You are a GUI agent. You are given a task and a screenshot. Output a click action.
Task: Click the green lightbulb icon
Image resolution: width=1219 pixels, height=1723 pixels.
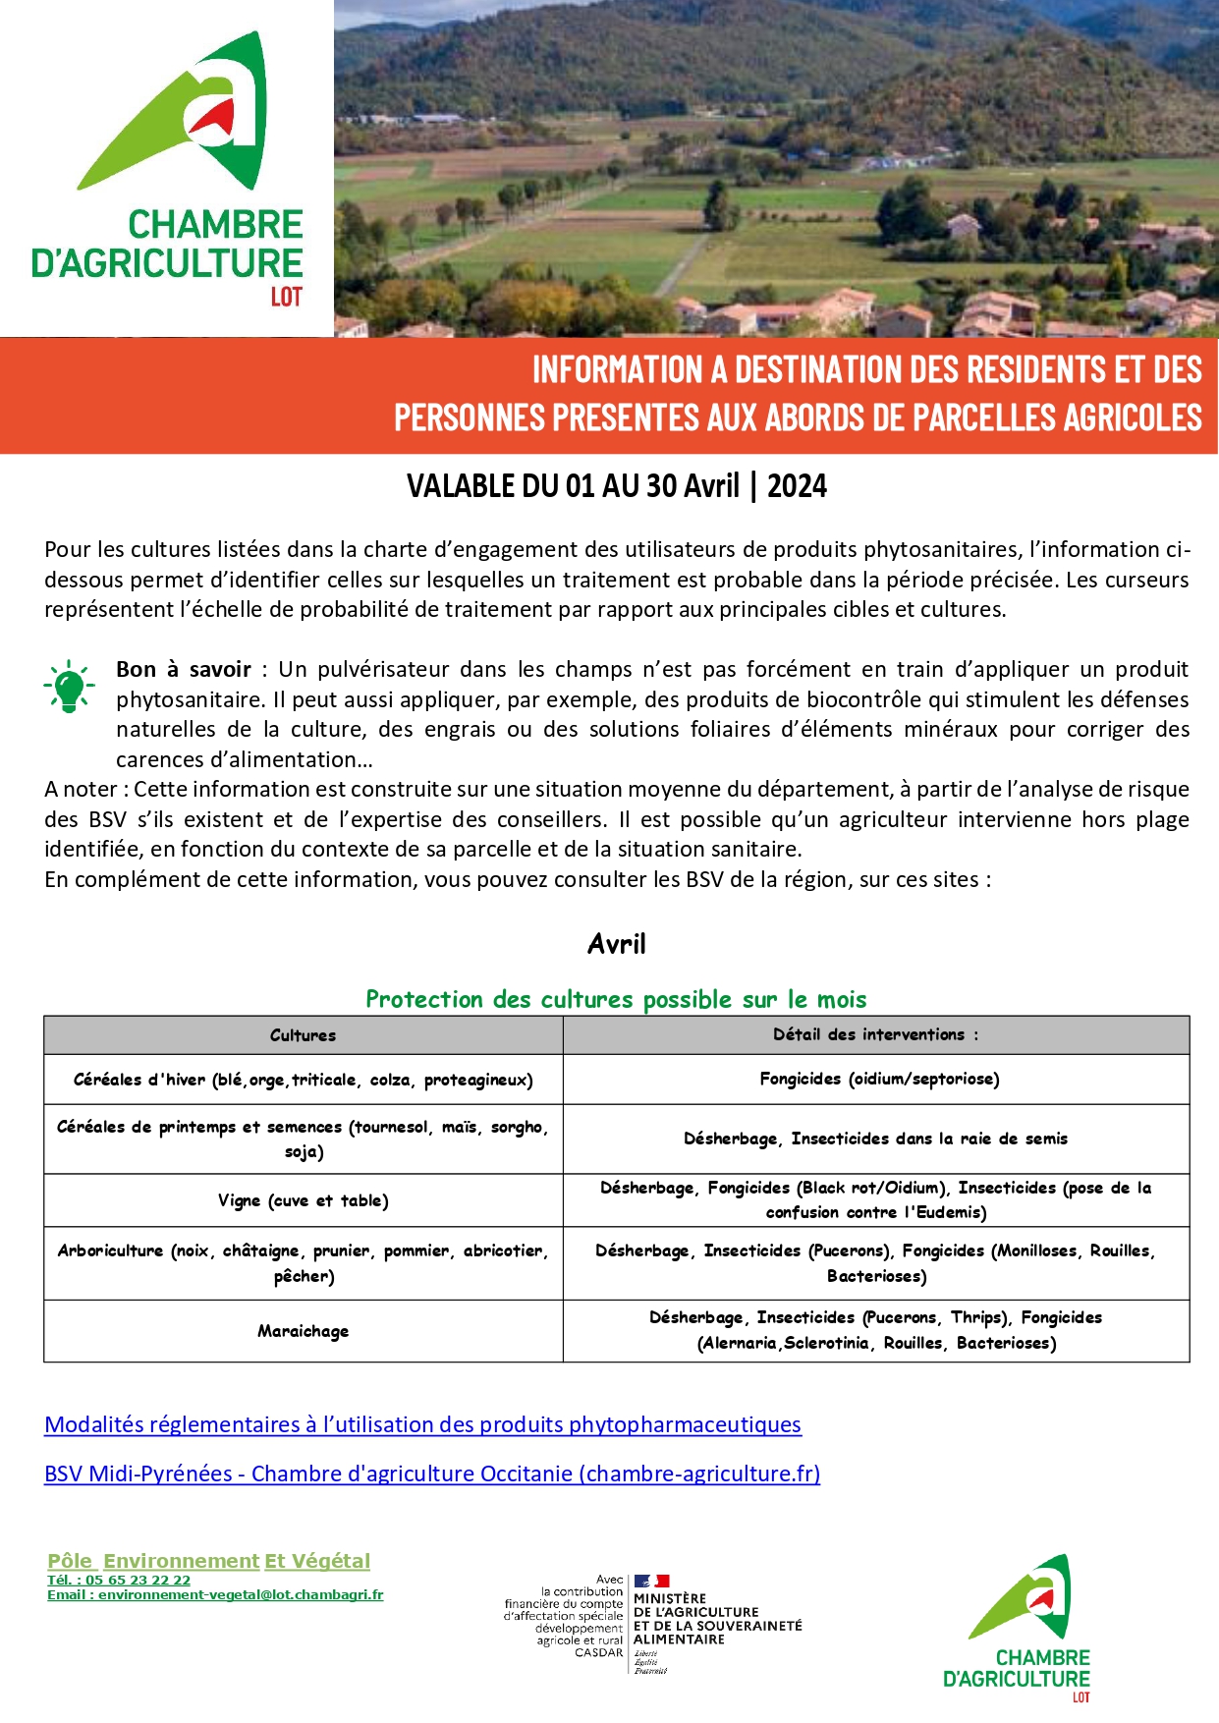coord(69,685)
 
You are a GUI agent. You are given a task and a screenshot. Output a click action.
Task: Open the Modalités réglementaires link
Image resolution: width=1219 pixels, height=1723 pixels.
coord(422,1424)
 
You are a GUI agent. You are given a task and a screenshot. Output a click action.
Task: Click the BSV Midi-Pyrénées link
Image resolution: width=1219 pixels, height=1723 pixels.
coord(432,1473)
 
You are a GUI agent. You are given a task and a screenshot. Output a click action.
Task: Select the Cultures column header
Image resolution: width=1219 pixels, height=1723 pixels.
coord(303,1035)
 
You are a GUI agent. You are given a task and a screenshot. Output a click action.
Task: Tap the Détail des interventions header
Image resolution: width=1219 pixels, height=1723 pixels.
coord(875,1034)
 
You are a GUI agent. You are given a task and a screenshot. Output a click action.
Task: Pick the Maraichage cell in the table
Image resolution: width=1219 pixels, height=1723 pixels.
coord(303,1331)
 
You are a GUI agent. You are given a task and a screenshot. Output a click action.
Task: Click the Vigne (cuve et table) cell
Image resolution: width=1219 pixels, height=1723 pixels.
coord(303,1200)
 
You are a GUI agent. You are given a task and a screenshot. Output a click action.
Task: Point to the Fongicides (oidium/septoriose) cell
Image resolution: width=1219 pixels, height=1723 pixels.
coord(879,1079)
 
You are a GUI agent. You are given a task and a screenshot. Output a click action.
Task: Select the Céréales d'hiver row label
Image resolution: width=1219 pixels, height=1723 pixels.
coord(303,1080)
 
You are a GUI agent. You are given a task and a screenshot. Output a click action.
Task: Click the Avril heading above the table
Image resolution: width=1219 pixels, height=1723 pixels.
coord(616,944)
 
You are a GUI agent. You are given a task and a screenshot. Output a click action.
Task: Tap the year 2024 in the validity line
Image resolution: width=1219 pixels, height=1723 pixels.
coord(797,486)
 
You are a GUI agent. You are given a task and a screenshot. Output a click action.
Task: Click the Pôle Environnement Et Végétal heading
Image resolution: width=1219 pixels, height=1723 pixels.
coord(208,1561)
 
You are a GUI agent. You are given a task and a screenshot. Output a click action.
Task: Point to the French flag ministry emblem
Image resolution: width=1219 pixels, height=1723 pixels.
coord(651,1582)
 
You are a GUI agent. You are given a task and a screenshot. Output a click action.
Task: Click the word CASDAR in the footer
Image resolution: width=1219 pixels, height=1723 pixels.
coord(598,1652)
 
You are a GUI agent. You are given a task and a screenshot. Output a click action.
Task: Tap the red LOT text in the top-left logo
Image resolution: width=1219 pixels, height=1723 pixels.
coord(286,297)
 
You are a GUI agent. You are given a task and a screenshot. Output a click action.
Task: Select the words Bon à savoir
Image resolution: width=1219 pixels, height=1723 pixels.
coord(184,670)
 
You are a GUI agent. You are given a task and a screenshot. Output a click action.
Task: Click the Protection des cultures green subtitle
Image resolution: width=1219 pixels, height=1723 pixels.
coord(616,1000)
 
